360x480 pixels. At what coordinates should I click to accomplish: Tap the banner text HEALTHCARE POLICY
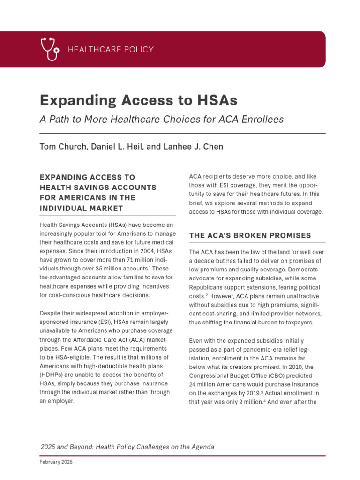click(x=111, y=50)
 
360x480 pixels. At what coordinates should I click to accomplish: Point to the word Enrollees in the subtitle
click(x=262, y=119)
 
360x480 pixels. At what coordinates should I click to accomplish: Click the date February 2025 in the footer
click(x=56, y=462)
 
